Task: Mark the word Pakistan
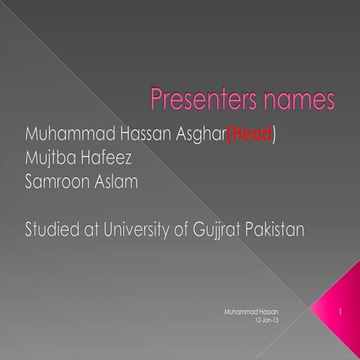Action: [x=275, y=229]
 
